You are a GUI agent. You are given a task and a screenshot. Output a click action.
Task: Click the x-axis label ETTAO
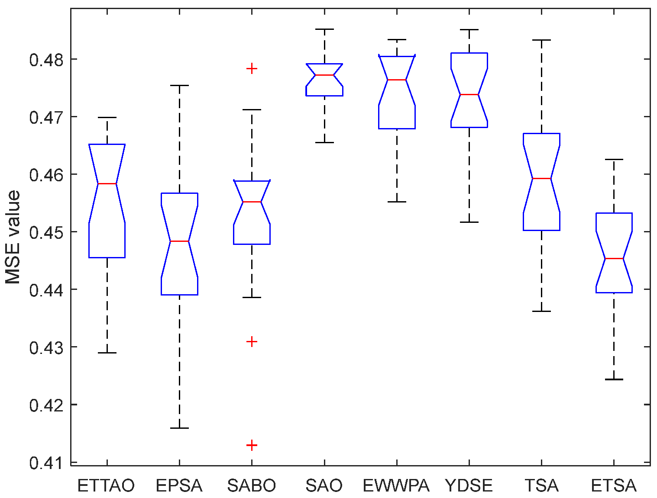click(106, 486)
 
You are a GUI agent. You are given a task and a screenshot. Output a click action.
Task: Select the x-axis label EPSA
click(179, 486)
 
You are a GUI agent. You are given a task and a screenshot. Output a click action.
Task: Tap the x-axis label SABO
click(252, 486)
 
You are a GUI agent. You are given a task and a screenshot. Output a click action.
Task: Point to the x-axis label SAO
click(324, 486)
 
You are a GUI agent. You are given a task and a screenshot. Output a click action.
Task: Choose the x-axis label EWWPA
click(396, 486)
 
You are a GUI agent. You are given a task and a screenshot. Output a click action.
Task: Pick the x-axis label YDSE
click(469, 486)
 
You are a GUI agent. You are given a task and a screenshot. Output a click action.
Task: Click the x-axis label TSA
click(541, 486)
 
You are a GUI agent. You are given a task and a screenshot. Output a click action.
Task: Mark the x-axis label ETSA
click(614, 486)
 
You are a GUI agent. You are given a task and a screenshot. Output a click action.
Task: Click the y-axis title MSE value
click(13, 237)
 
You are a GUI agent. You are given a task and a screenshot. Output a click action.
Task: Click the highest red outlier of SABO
click(252, 68)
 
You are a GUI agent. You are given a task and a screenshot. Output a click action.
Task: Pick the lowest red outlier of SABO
click(252, 445)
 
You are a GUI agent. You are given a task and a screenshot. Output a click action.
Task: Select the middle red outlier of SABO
click(252, 342)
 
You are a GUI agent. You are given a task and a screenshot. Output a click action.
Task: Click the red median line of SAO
click(324, 75)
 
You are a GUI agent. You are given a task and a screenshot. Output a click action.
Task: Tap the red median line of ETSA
click(614, 258)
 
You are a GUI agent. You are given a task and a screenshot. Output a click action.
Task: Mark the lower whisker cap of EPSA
click(179, 428)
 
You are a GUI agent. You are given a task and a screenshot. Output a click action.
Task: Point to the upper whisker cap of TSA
click(541, 40)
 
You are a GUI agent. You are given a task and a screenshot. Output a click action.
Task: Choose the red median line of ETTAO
click(107, 183)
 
